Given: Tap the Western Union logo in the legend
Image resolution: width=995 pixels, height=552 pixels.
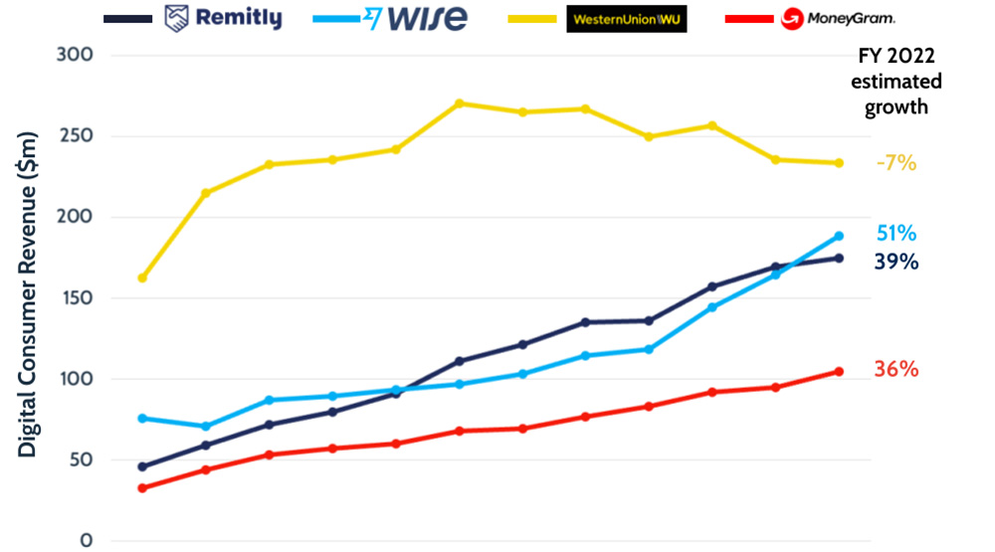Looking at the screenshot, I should click(626, 19).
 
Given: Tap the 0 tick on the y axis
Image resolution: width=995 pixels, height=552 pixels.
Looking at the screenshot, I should click(87, 541).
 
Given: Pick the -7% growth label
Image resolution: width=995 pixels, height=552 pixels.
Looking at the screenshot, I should click(895, 163).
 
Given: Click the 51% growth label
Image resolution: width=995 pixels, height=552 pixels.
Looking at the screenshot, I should click(896, 234).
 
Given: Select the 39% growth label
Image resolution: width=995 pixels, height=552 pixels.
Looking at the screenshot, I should click(896, 262).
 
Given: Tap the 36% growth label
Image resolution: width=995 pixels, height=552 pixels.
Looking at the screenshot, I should click(896, 370).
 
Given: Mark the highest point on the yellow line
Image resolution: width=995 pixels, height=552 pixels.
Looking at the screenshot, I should click(459, 103).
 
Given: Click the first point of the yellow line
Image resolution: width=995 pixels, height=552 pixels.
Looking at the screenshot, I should click(142, 277).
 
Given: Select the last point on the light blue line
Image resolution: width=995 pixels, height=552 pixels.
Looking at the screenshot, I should click(839, 236).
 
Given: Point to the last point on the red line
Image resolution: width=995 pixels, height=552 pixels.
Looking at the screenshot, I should click(839, 372).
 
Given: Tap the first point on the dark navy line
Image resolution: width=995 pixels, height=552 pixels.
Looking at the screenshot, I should click(142, 466).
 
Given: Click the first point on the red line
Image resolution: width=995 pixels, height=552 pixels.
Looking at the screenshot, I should click(142, 488).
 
